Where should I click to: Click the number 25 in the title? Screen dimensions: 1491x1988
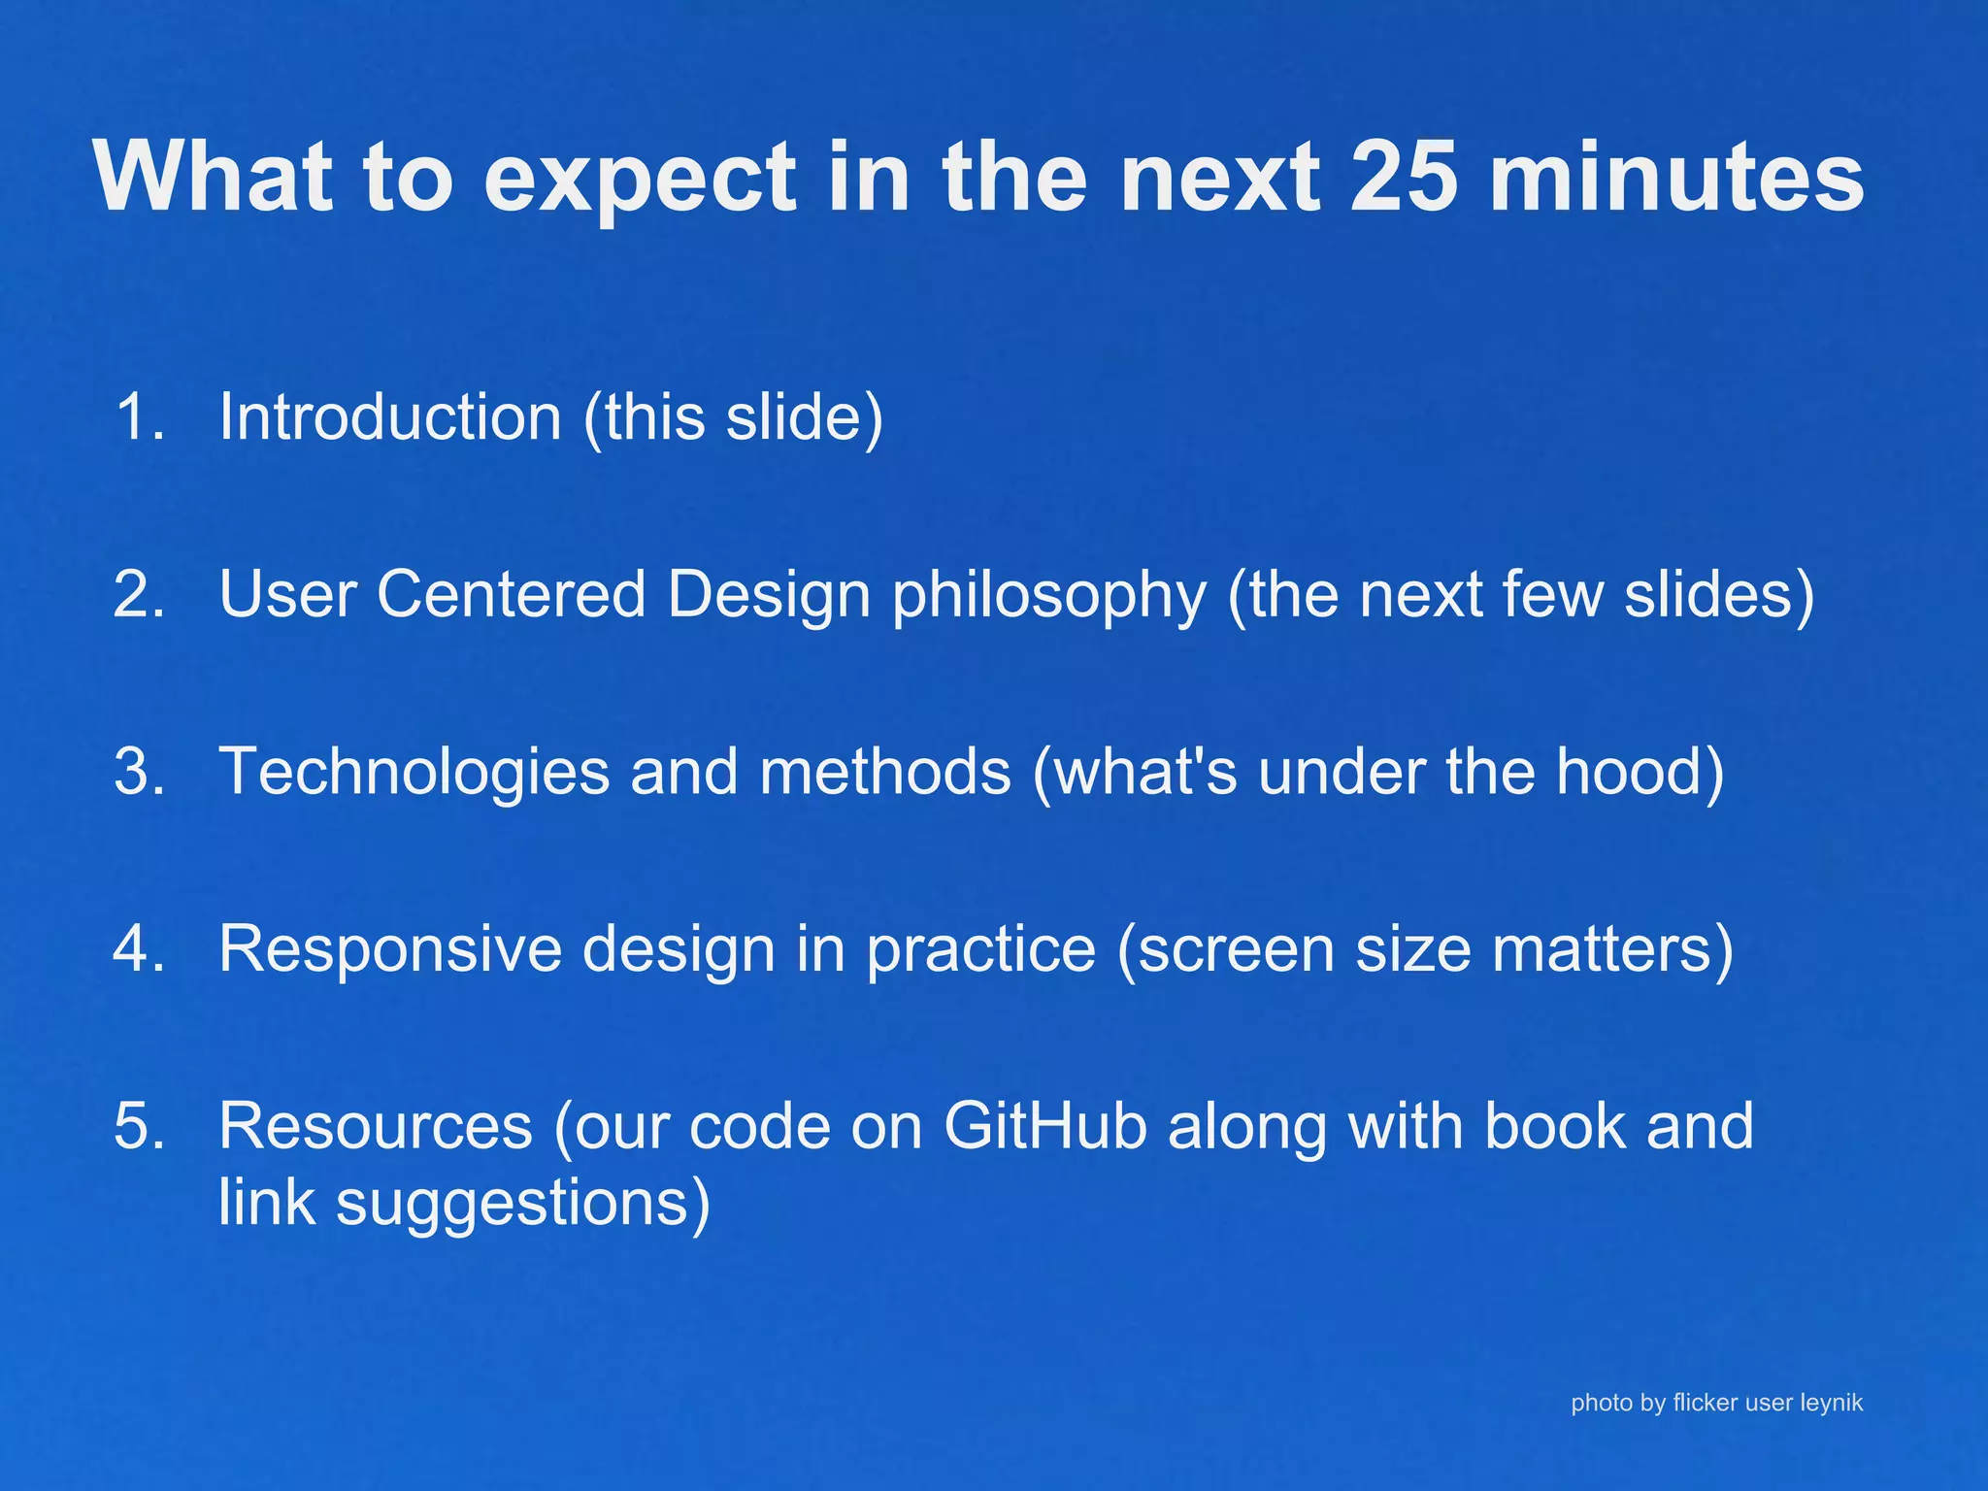click(1404, 177)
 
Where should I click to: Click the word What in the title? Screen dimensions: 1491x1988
click(214, 177)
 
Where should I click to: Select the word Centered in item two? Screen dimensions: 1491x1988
click(512, 594)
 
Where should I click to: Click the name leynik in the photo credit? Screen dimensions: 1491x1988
click(1831, 1403)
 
